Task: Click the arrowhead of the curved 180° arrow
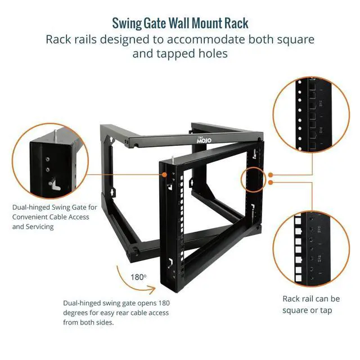point(154,289)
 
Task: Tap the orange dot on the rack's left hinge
point(165,175)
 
